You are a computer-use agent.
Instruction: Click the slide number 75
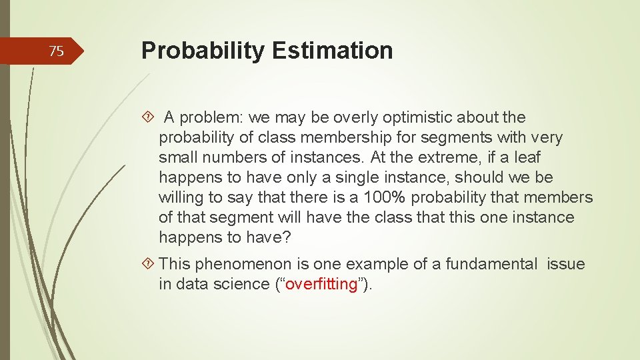coord(57,51)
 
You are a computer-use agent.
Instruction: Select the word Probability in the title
coord(202,51)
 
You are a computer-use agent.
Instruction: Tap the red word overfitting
coord(321,284)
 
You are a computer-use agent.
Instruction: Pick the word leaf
coord(526,158)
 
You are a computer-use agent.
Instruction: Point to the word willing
coord(180,198)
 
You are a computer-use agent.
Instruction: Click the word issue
coord(565,265)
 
